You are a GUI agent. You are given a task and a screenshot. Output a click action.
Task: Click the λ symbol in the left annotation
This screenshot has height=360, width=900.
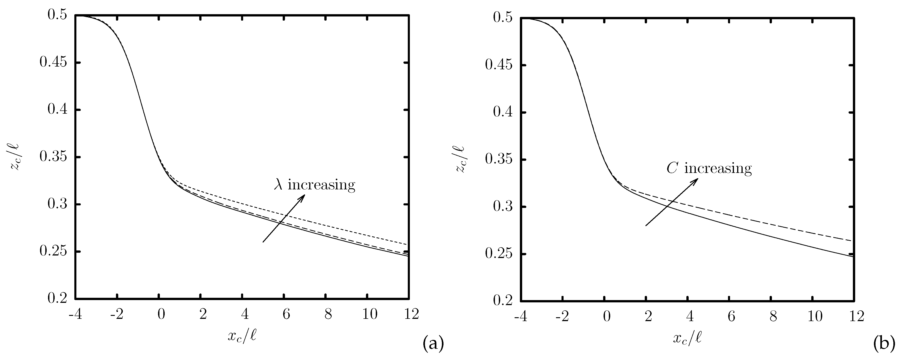(x=278, y=185)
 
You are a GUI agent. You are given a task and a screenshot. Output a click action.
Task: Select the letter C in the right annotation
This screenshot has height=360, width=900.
(x=672, y=169)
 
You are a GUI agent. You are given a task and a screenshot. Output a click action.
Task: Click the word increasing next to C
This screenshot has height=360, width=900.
(x=718, y=169)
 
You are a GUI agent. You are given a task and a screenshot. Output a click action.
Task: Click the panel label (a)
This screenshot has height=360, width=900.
(x=433, y=344)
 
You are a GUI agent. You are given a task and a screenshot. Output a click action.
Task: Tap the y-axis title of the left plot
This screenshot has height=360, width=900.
(x=15, y=157)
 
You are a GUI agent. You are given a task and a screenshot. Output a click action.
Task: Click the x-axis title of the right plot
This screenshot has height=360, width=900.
(x=687, y=338)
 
